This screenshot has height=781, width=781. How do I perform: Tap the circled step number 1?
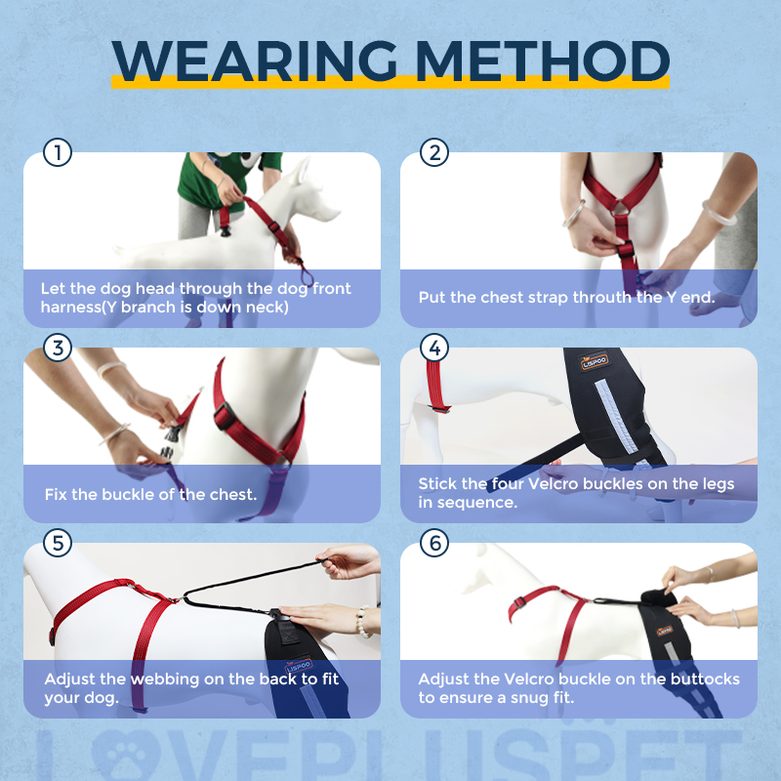(59, 153)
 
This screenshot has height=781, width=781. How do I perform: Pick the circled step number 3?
(59, 349)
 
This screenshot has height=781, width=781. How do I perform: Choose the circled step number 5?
(59, 544)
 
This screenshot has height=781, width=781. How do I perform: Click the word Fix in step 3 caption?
(57, 493)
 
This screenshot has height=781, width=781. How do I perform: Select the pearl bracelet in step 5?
(363, 621)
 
